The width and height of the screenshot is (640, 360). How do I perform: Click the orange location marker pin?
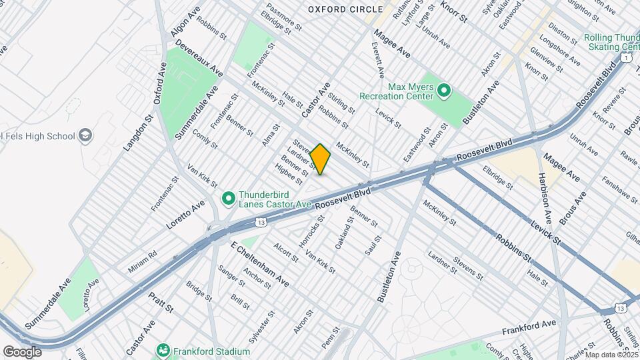pos(320,159)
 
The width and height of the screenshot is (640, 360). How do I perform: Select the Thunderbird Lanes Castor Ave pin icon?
pos(228,198)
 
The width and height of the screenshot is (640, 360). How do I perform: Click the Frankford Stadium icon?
pos(163,349)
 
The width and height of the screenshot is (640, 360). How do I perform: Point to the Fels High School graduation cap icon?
pos(85,136)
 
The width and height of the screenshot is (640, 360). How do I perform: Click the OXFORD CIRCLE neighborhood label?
pos(345,9)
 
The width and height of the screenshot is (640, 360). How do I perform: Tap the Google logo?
pos(23,351)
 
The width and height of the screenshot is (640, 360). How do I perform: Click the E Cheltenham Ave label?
pos(259,265)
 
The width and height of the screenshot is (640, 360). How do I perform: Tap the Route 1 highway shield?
pos(625,58)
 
